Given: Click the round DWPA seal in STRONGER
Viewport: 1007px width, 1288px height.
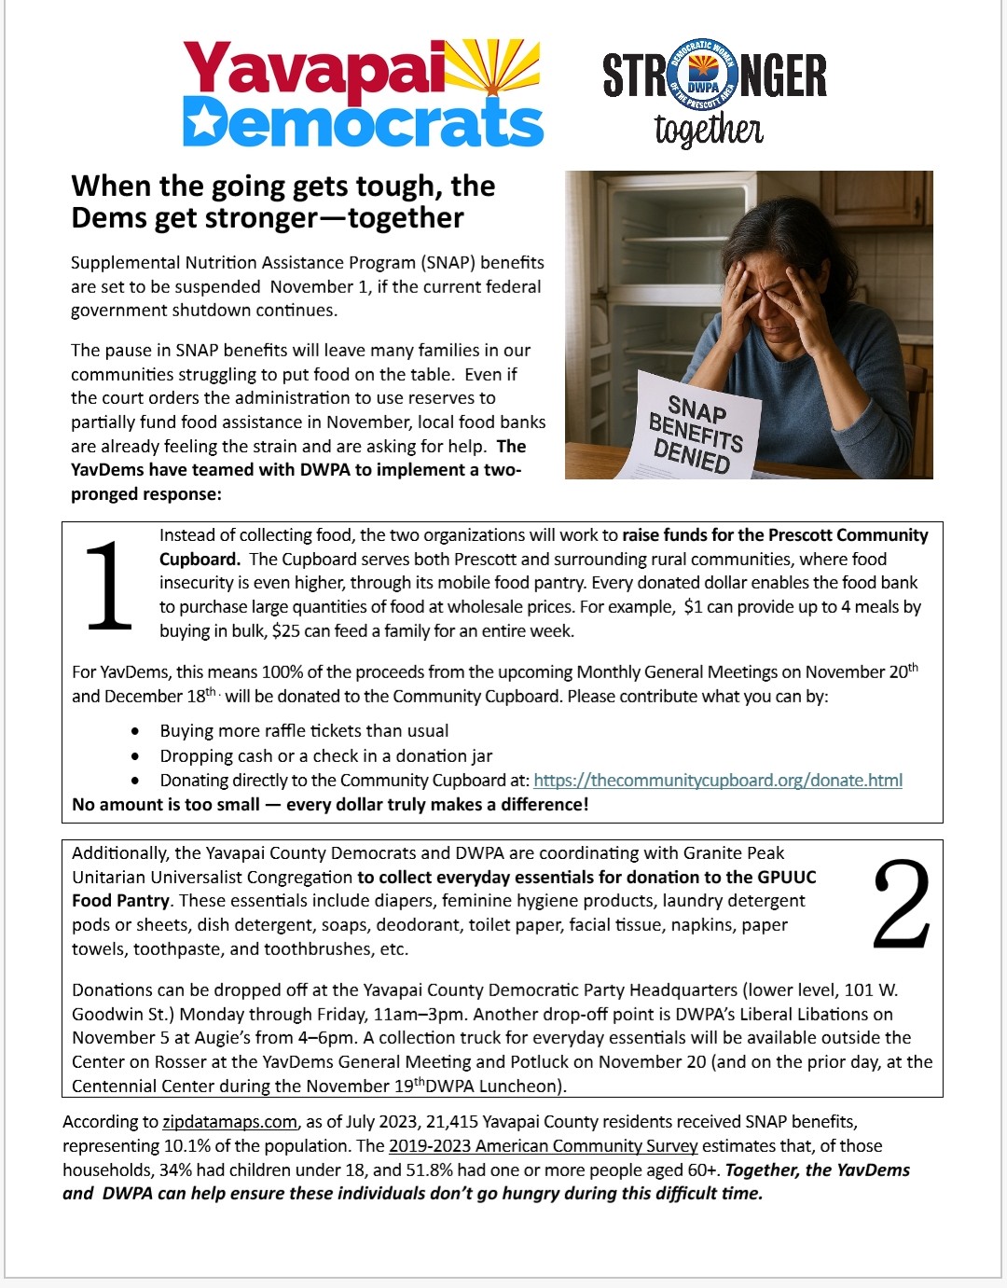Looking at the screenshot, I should coord(704,76).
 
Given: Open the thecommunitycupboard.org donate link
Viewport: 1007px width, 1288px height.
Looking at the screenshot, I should coord(718,781).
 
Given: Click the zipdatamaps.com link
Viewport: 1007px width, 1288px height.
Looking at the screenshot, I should coord(229,1122).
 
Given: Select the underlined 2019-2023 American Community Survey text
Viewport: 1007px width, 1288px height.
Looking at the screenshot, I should coord(543,1146).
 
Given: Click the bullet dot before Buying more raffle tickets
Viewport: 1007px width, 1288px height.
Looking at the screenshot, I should coord(136,732).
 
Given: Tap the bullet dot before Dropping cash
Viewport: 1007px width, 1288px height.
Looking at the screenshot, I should coord(136,756).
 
